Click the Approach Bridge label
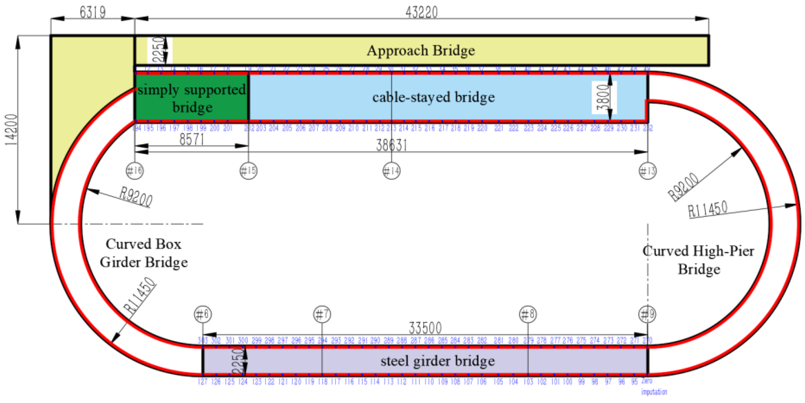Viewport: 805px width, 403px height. point(421,51)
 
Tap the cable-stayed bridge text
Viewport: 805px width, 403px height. point(433,97)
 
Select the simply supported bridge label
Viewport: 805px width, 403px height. point(192,98)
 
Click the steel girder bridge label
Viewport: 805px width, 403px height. point(437,361)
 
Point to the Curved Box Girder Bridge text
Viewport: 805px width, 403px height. point(144,253)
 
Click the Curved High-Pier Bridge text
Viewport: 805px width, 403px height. point(699,260)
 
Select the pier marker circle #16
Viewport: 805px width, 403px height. point(135,171)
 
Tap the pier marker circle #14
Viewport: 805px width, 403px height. point(392,171)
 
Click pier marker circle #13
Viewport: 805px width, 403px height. point(647,171)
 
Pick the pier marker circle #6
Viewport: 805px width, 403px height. point(203,314)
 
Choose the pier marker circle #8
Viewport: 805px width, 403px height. point(528,314)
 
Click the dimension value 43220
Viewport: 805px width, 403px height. point(421,12)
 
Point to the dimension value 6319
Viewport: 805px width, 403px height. point(93,12)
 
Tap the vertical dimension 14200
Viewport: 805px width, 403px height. point(11,130)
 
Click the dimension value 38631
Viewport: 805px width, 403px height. point(392,145)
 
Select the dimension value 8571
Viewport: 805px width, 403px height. point(192,139)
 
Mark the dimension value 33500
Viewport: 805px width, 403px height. point(425,328)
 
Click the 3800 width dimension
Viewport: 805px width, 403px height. point(603,97)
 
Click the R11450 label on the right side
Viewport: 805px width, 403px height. point(707,210)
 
